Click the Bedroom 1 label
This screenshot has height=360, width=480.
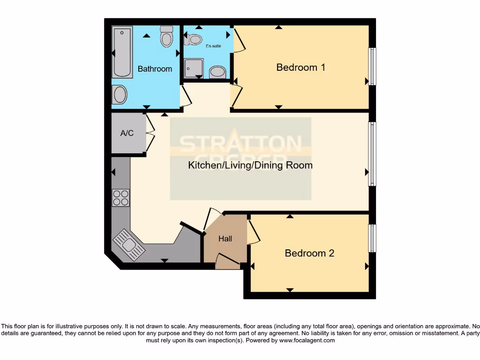tap(300, 67)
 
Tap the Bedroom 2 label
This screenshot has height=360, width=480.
tap(309, 254)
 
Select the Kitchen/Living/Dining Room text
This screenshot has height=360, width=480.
tap(250, 165)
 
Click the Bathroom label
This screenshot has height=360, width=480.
tap(155, 69)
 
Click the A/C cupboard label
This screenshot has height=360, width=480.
tap(127, 134)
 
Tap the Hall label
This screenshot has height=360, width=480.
tap(225, 239)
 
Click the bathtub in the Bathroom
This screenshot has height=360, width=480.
tap(122, 52)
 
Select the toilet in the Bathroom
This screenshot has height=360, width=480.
tap(166, 36)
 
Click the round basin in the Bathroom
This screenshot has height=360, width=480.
tap(120, 95)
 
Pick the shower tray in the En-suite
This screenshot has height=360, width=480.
tap(194, 68)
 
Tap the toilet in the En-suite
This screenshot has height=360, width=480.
tap(194, 38)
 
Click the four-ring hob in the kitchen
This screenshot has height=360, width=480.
tap(121, 198)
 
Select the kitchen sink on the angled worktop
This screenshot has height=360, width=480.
tap(126, 242)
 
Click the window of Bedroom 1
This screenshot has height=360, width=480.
tap(372, 66)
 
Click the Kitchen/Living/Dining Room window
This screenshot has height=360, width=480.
tap(372, 154)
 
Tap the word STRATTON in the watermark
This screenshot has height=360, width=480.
tap(241, 144)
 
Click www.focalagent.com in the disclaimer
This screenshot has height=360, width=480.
tap(307, 341)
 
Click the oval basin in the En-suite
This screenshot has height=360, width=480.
tap(217, 72)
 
